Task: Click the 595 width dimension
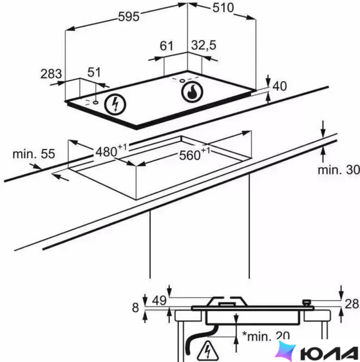click(x=129, y=16)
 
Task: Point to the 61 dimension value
click(x=166, y=46)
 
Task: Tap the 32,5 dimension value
click(x=204, y=45)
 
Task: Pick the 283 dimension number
click(x=51, y=74)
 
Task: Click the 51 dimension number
click(x=94, y=72)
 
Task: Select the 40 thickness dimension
click(x=280, y=86)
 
